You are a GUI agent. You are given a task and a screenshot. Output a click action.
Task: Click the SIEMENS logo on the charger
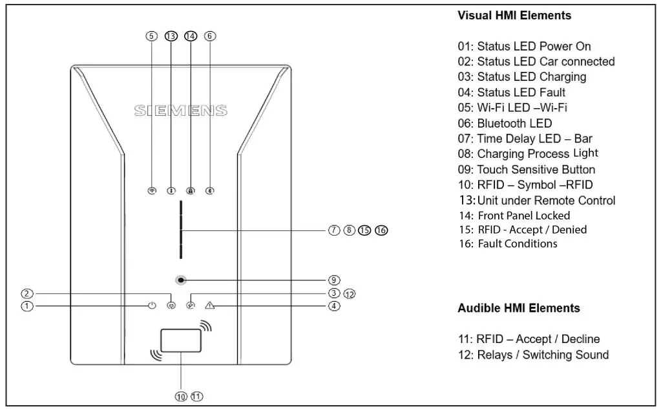(181, 111)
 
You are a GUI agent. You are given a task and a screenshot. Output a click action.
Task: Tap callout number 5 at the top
(151, 36)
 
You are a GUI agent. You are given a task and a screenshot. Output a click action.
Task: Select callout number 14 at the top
(190, 36)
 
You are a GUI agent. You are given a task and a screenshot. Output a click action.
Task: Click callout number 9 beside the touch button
(334, 280)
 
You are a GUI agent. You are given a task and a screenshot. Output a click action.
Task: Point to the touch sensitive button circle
(182, 280)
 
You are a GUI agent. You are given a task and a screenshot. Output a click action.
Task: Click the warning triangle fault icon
(209, 305)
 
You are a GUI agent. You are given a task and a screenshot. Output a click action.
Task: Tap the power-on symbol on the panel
(152, 305)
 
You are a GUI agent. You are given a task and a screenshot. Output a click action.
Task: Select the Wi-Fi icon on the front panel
(152, 191)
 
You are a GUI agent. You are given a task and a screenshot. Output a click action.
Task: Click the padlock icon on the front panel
(190, 191)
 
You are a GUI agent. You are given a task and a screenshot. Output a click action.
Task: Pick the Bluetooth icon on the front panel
(210, 191)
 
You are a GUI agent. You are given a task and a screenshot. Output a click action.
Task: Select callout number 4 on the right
(334, 306)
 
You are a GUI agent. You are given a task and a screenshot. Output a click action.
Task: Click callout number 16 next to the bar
(381, 230)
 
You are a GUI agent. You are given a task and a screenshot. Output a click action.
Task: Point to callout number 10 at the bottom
(181, 396)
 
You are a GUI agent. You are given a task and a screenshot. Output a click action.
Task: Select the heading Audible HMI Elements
(518, 308)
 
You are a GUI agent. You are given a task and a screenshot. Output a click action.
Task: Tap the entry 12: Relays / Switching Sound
(533, 355)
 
